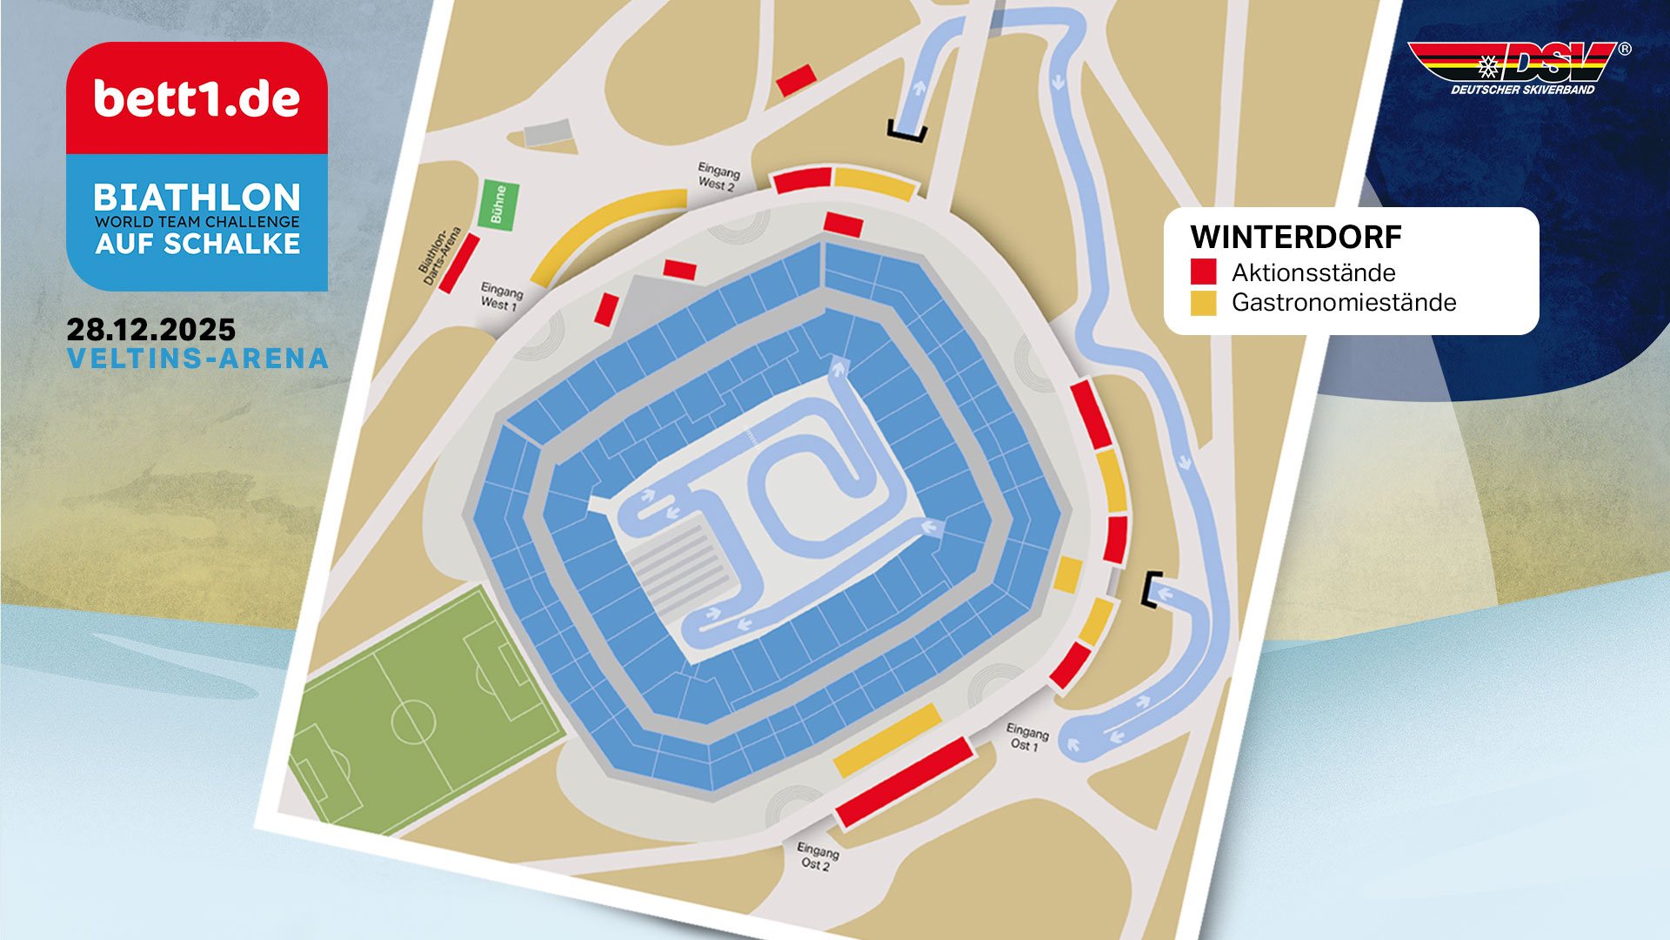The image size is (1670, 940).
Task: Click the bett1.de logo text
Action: point(197,99)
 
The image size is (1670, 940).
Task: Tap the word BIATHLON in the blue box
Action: point(197,197)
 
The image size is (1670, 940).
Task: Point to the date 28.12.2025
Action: point(151,330)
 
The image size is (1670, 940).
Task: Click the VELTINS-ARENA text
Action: point(197,359)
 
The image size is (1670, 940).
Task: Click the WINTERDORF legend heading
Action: point(1295,238)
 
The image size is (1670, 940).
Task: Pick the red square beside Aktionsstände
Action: point(1203,272)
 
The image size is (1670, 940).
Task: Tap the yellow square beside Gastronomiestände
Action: point(1203,302)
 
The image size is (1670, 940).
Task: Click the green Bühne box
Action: point(498,205)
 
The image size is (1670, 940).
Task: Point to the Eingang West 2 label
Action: point(718,177)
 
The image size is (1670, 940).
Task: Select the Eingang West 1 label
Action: point(501,296)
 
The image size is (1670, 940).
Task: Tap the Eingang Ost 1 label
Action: point(1026,737)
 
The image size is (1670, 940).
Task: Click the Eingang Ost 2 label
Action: point(818,856)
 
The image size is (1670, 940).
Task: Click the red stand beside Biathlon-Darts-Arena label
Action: point(458,263)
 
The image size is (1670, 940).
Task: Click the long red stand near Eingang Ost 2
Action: point(905,782)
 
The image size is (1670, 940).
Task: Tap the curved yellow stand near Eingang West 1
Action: point(605,233)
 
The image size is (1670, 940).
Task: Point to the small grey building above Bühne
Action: point(548,132)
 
